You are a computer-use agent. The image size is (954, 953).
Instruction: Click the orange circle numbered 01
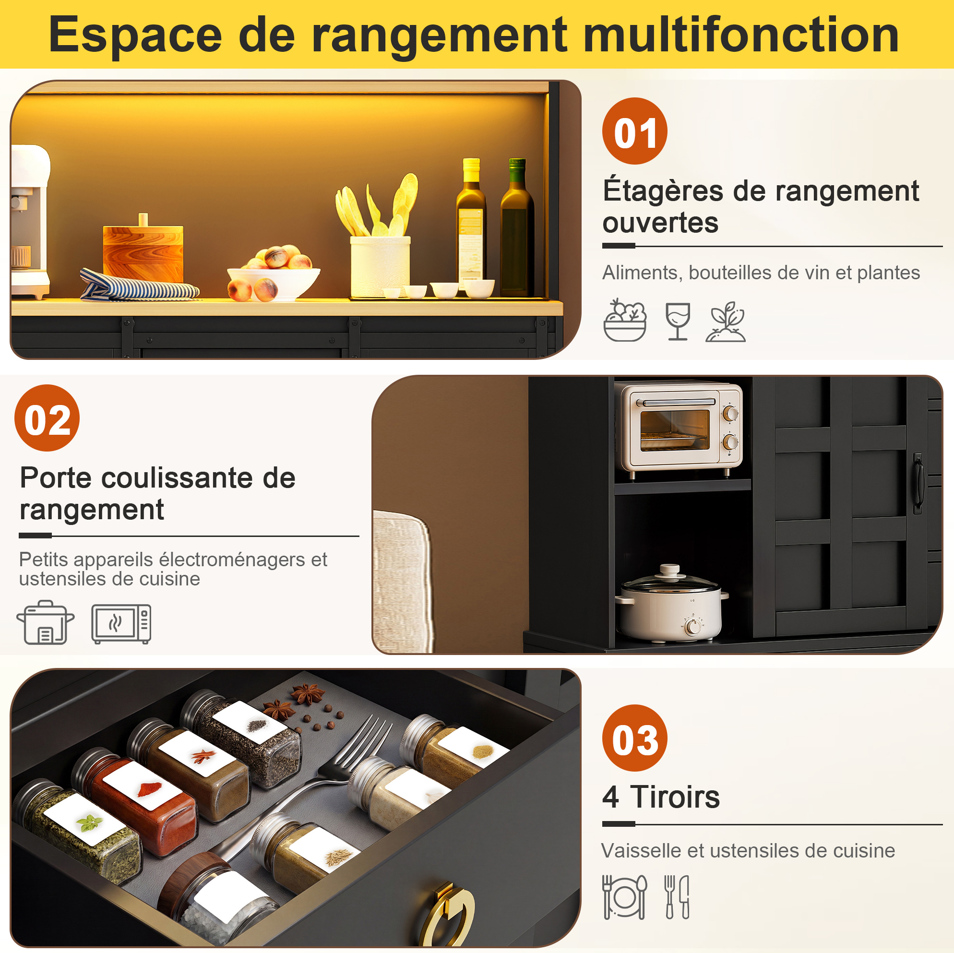(x=634, y=131)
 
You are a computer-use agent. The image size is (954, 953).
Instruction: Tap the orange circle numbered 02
(x=47, y=418)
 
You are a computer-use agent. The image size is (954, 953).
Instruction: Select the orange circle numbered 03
(x=634, y=738)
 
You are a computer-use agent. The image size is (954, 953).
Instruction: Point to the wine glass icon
(x=678, y=321)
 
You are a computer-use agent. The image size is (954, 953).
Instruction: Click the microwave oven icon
(x=121, y=624)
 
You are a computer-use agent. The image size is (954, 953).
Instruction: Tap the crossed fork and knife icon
(x=677, y=897)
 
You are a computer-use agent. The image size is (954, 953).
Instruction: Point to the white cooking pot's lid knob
(x=669, y=569)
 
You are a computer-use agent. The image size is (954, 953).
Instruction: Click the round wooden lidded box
(x=143, y=252)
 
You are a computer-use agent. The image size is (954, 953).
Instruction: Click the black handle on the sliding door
(x=918, y=483)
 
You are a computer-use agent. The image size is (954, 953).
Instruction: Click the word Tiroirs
(x=675, y=797)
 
